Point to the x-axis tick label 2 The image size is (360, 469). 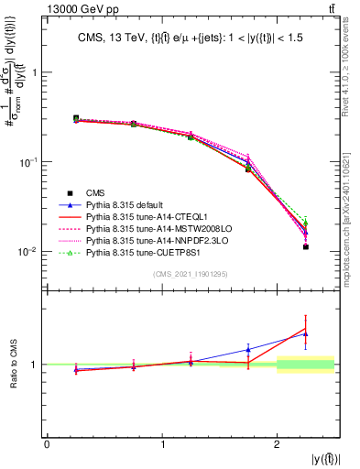point(278,445)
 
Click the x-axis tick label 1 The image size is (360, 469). point(162,445)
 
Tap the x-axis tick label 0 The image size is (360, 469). point(47,445)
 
